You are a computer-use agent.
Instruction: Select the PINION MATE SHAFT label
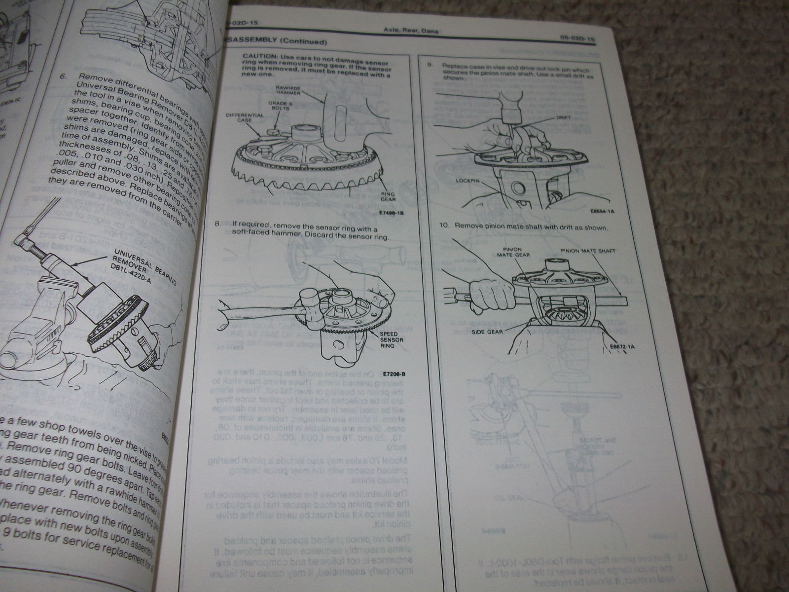(587, 251)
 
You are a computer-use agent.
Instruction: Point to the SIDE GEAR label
(488, 332)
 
